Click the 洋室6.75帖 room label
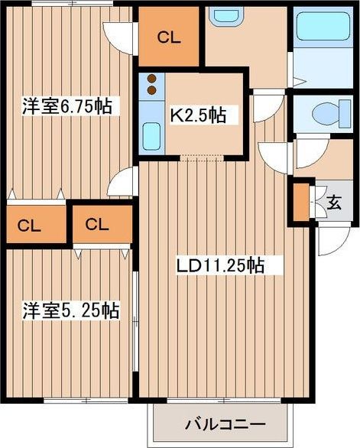click(x=67, y=106)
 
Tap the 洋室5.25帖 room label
click(x=71, y=310)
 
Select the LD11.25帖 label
click(x=220, y=266)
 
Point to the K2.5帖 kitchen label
click(x=198, y=115)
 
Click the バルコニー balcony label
click(x=225, y=424)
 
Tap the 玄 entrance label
click(x=334, y=203)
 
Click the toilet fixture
click(x=332, y=114)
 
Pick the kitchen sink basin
click(x=151, y=136)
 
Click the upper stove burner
click(x=151, y=78)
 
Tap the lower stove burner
click(x=151, y=90)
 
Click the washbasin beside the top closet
click(x=225, y=15)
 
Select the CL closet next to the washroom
click(x=169, y=37)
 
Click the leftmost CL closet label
click(x=29, y=226)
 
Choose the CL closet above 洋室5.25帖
click(x=102, y=224)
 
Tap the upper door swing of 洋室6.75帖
click(x=119, y=37)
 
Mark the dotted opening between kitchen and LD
click(x=202, y=157)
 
